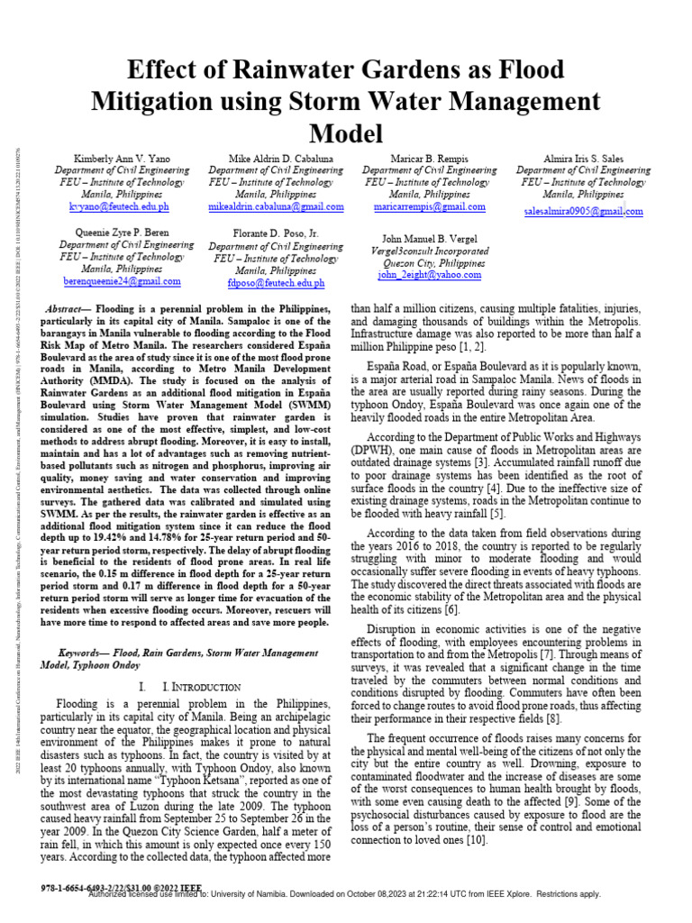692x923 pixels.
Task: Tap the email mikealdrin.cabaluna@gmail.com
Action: (x=263, y=206)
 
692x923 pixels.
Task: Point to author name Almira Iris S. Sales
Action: (x=584, y=158)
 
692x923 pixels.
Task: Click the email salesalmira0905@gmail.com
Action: (x=584, y=211)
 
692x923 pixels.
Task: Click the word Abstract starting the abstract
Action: (x=68, y=309)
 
